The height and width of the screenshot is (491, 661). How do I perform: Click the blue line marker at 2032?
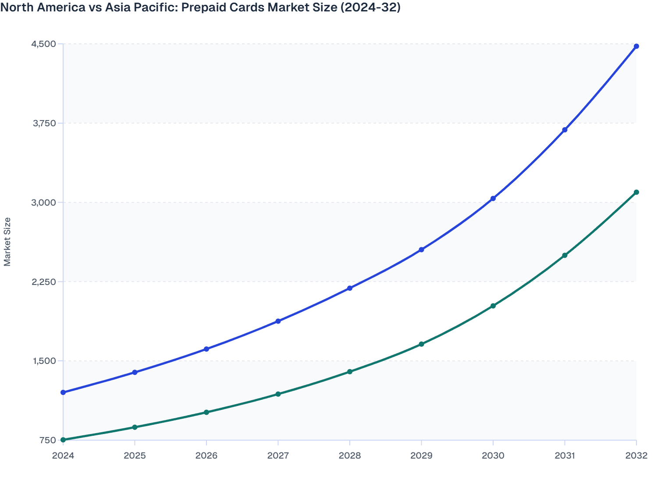coord(636,46)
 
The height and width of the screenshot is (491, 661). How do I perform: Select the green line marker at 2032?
coord(636,192)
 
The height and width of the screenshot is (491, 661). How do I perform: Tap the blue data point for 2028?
coord(350,288)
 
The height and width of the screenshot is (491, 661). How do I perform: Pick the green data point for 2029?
coord(421,344)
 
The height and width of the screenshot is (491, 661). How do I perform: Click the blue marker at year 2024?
coord(63,392)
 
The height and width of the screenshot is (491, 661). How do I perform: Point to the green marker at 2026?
coord(206,412)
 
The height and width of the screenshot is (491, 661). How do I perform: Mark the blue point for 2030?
coord(493,199)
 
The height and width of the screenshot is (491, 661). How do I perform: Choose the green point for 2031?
coord(565,255)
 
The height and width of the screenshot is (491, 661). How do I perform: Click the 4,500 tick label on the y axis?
coord(44,44)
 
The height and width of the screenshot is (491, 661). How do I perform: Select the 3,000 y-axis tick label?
coord(44,203)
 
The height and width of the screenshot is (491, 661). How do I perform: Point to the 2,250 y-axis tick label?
coord(44,282)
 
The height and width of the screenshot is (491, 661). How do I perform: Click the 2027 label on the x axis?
coord(278,455)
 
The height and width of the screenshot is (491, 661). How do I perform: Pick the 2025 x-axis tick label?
coord(135,455)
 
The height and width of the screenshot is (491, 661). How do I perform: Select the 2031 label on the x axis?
coord(565,455)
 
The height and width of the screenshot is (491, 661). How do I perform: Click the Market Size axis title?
coord(7,242)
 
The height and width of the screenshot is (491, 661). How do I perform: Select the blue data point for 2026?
coord(206,349)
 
